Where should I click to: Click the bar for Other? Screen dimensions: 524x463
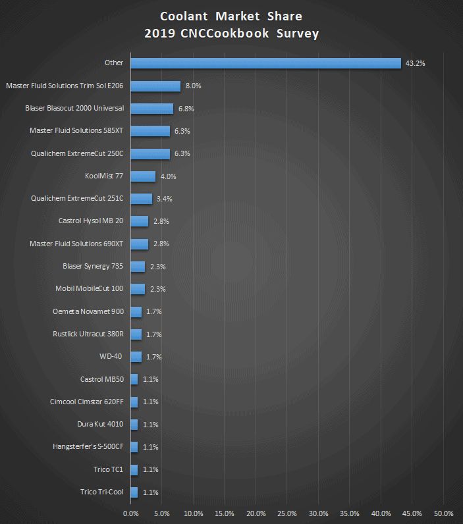[265, 63]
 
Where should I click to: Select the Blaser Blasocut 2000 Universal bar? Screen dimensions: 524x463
[152, 108]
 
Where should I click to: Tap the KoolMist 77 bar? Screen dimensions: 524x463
[143, 176]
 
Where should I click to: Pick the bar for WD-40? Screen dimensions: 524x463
[136, 357]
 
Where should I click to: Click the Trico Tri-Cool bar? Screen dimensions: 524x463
[134, 492]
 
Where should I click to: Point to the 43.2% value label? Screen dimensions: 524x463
[416, 63]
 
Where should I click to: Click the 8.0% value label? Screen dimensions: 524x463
[193, 86]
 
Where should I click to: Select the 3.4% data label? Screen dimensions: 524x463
[165, 199]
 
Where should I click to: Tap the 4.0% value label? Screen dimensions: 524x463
[168, 176]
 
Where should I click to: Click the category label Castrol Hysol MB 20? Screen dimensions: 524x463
[91, 221]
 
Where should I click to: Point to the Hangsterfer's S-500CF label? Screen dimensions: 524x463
[88, 446]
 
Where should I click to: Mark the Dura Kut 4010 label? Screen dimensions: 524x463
[100, 424]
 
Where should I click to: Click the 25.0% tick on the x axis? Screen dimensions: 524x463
[287, 513]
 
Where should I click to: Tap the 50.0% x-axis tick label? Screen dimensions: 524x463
[444, 513]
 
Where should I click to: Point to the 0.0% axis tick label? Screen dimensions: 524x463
[131, 513]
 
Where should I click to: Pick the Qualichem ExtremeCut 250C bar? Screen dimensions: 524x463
[150, 153]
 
